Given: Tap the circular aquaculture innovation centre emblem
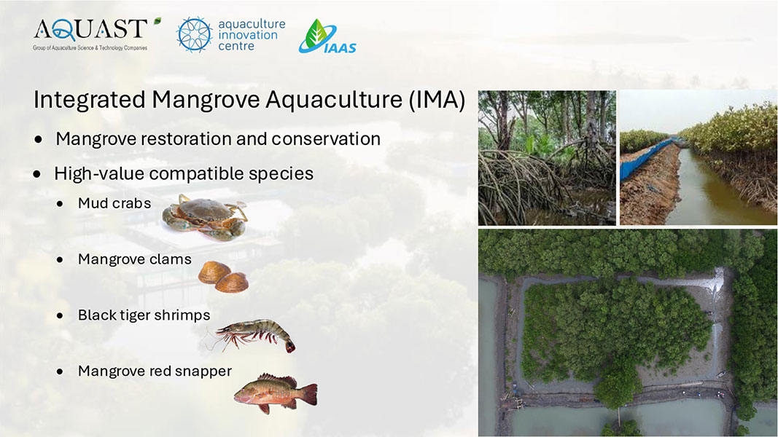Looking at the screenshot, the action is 195,35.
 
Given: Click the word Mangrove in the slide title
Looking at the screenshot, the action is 206,100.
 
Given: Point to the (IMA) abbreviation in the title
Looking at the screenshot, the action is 437,100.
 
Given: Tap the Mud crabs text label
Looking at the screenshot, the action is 114,203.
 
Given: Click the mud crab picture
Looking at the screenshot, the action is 204,216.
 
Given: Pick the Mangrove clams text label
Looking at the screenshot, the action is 134,259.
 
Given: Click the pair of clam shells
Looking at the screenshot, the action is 223,277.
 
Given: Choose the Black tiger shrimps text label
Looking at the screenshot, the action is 144,315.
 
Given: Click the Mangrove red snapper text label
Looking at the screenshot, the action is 155,371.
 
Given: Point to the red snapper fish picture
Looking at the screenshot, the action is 276,393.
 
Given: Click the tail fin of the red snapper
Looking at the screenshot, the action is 308,394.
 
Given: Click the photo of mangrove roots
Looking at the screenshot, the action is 547,157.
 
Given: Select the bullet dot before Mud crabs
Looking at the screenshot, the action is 60,204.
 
